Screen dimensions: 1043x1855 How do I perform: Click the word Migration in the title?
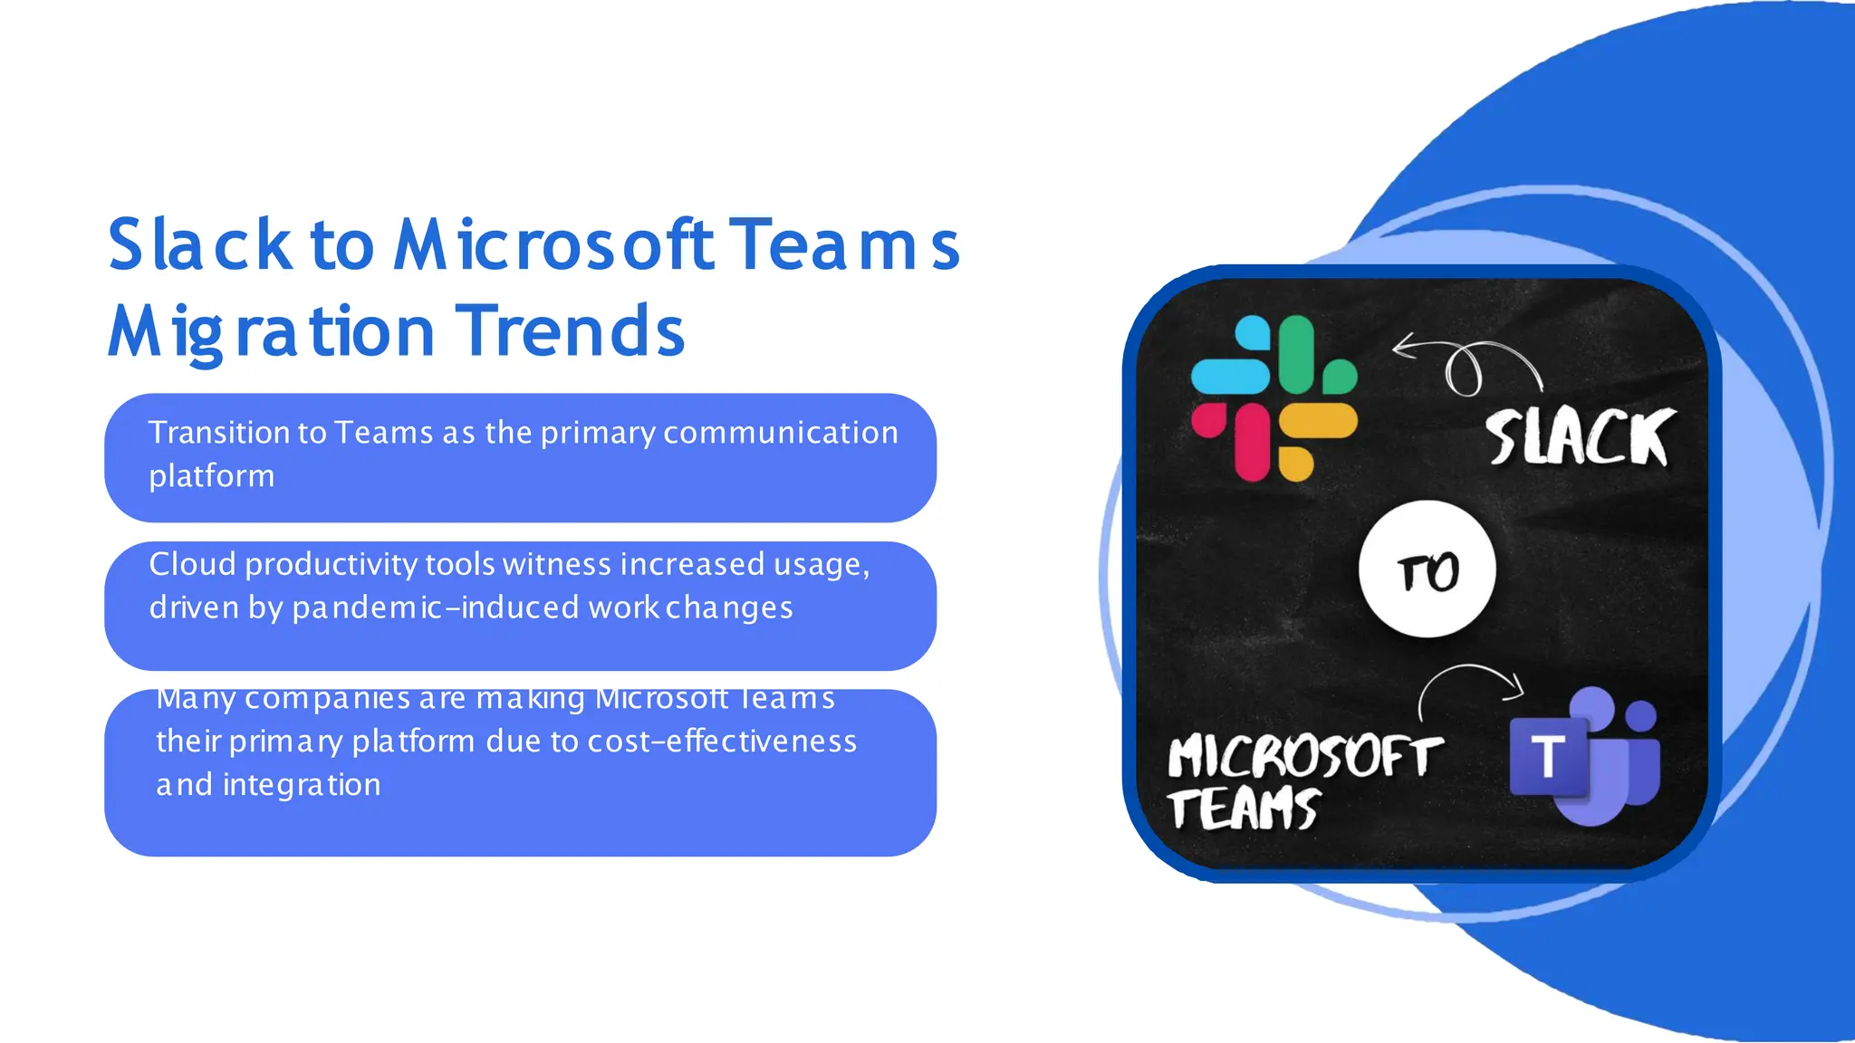[271, 331]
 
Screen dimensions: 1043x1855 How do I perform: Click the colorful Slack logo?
[1274, 398]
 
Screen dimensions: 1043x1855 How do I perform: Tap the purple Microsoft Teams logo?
[1585, 757]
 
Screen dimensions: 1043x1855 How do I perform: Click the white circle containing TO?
[1427, 569]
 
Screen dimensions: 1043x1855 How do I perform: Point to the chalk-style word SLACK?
[1580, 438]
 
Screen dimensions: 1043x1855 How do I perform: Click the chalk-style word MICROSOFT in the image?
[1304, 757]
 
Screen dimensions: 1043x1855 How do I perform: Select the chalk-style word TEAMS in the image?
[1243, 809]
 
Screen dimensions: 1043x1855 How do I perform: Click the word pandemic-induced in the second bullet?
[436, 608]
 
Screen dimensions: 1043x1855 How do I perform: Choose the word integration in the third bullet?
[302, 785]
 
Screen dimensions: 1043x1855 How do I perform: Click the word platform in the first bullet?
[211, 476]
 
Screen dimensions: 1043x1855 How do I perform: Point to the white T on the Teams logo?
[1548, 756]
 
